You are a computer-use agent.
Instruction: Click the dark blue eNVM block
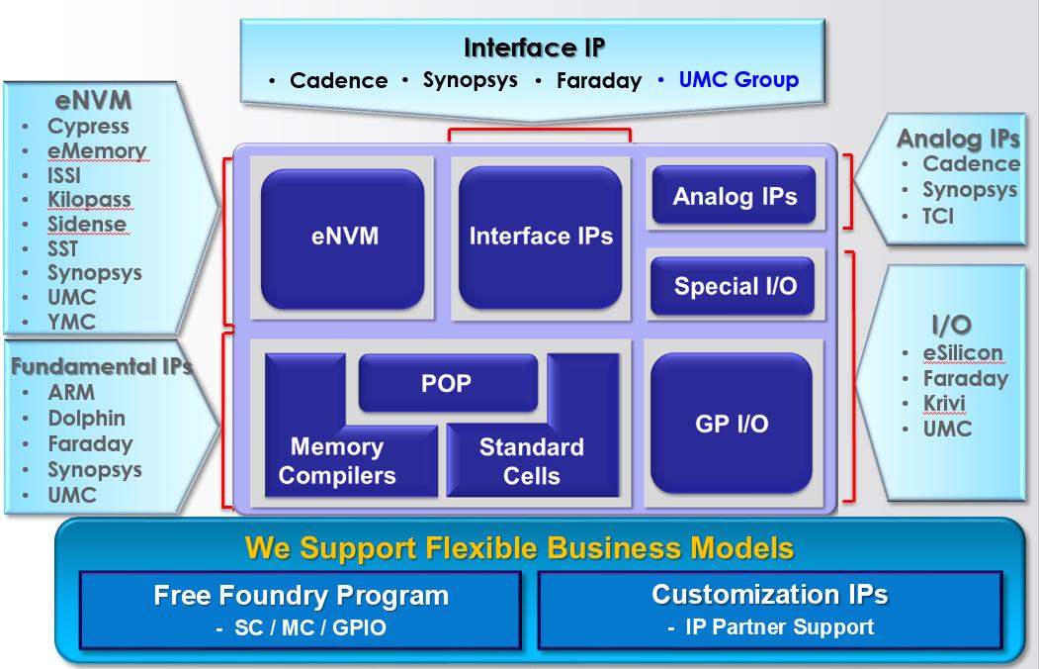click(x=343, y=239)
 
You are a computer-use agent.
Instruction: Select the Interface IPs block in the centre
click(x=540, y=238)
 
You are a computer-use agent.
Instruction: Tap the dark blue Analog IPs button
click(x=735, y=195)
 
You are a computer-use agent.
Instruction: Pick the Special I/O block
click(x=733, y=286)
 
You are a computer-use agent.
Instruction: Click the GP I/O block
click(x=732, y=423)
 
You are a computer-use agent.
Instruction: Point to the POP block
click(x=448, y=383)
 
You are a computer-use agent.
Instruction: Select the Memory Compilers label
click(x=337, y=461)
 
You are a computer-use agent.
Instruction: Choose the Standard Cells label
click(x=532, y=461)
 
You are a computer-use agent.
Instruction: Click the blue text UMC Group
click(x=738, y=79)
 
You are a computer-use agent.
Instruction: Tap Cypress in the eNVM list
click(x=88, y=126)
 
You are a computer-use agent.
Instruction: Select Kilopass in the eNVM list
click(x=89, y=200)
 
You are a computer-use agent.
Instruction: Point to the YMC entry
click(x=71, y=322)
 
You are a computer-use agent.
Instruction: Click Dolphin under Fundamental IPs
click(x=86, y=418)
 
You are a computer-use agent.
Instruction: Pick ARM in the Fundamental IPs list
click(x=71, y=392)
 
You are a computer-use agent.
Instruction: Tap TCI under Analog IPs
click(x=937, y=216)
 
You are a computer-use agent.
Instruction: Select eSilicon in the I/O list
click(x=963, y=352)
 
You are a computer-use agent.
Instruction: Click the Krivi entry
click(x=944, y=403)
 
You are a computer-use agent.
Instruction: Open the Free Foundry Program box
click(x=301, y=610)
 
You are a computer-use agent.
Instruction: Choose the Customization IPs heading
click(x=770, y=594)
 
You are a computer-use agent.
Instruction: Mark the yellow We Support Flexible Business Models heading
click(x=520, y=548)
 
